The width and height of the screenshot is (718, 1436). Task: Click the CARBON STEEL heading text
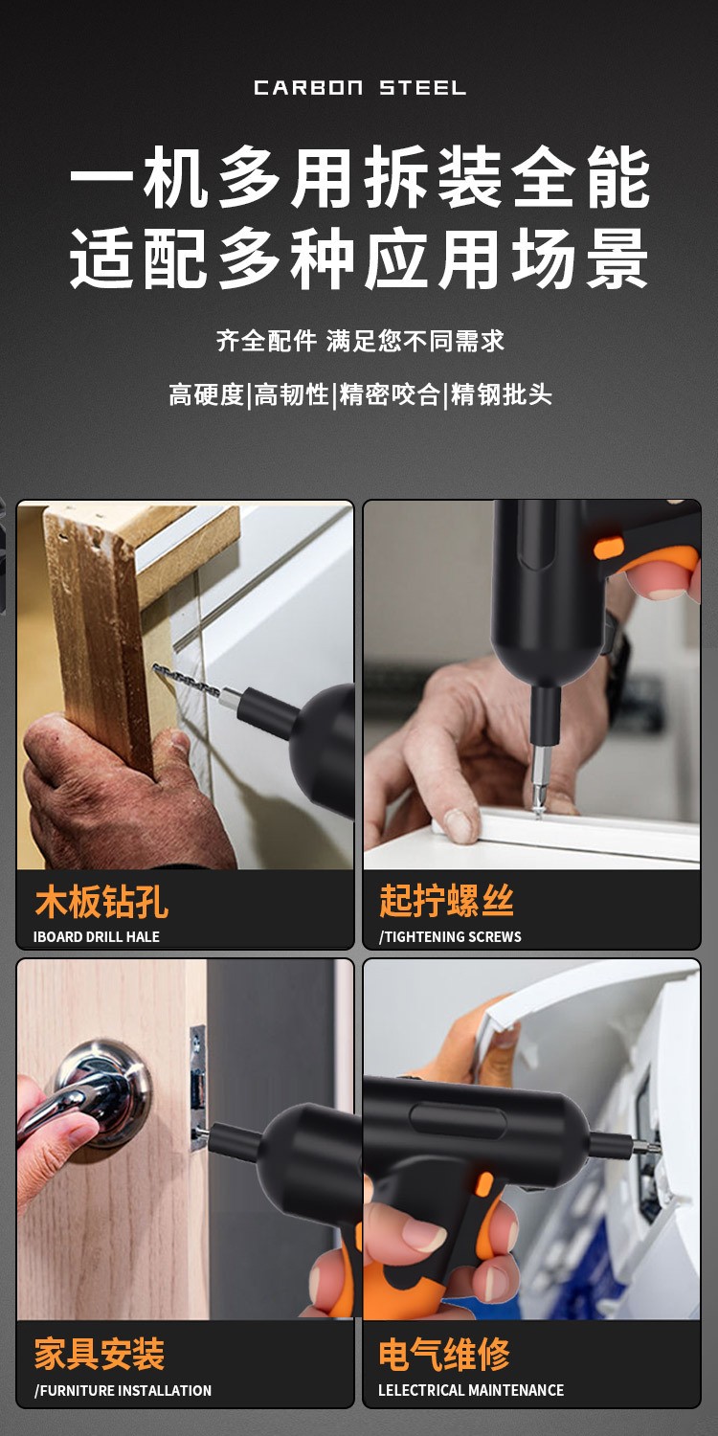360,88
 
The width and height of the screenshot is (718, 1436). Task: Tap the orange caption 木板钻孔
101,902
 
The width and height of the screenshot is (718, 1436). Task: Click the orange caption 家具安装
100,1354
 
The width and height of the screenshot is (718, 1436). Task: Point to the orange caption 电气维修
444,1354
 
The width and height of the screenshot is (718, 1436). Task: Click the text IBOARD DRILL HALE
96,936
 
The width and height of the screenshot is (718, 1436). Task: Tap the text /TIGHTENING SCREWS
450,936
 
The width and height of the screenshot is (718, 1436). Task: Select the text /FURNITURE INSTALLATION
123,1390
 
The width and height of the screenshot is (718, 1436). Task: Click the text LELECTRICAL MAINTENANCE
471,1390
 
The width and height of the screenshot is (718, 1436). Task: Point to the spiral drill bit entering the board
186,681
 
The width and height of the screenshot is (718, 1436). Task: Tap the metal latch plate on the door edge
197,1090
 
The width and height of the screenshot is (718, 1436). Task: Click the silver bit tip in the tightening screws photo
541,780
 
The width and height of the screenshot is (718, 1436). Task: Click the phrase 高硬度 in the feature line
207,394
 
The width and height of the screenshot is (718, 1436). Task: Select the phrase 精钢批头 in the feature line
501,394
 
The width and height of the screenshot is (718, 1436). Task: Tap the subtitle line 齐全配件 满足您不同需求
360,341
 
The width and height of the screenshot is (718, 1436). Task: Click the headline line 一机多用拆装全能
360,177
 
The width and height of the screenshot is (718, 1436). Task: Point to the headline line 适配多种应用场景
360,259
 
